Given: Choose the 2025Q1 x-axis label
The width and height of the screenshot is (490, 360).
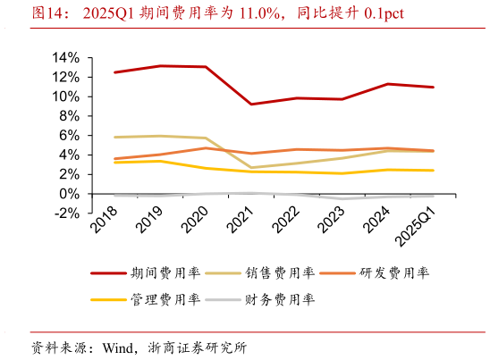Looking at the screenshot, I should pyautogui.click(x=419, y=224).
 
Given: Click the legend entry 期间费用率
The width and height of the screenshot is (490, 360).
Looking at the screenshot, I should pyautogui.click(x=152, y=272).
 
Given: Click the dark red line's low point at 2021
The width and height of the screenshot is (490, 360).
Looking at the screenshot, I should pyautogui.click(x=251, y=105).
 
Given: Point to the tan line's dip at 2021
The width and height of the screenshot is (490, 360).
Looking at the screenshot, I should pyautogui.click(x=251, y=168).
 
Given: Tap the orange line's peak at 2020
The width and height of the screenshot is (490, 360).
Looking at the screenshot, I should pyautogui.click(x=206, y=147).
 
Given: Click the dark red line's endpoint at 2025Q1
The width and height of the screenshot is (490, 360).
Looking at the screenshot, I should pyautogui.click(x=434, y=87).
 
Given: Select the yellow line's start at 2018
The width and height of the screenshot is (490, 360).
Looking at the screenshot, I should pyautogui.click(x=114, y=162).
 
